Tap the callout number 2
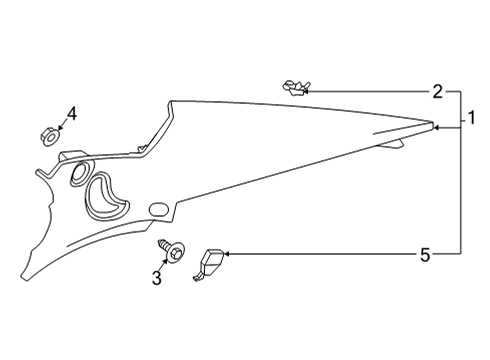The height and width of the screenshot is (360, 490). click(437, 92)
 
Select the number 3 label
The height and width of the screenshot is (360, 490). click(156, 278)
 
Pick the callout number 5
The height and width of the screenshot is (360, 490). click(425, 255)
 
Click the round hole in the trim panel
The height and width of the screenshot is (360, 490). click(77, 174)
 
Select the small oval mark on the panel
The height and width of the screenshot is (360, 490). click(158, 208)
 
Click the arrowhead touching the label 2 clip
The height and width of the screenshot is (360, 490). click(306, 91)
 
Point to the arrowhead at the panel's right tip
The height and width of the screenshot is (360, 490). click(437, 126)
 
